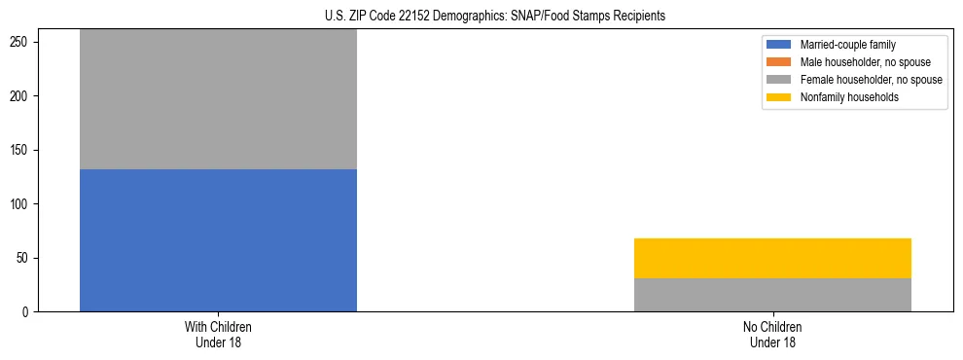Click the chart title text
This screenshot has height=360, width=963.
(495, 17)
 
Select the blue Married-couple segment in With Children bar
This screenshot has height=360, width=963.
(218, 240)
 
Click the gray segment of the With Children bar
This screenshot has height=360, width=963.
(218, 99)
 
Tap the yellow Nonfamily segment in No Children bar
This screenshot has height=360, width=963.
(772, 258)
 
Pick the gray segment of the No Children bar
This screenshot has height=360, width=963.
(772, 295)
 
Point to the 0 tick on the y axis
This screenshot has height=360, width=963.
(28, 312)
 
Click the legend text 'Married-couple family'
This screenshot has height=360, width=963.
(847, 45)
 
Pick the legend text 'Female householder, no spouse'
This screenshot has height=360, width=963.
(871, 80)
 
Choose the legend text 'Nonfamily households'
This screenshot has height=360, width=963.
(849, 97)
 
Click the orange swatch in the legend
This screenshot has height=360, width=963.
(780, 62)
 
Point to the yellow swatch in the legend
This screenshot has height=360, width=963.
(780, 97)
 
